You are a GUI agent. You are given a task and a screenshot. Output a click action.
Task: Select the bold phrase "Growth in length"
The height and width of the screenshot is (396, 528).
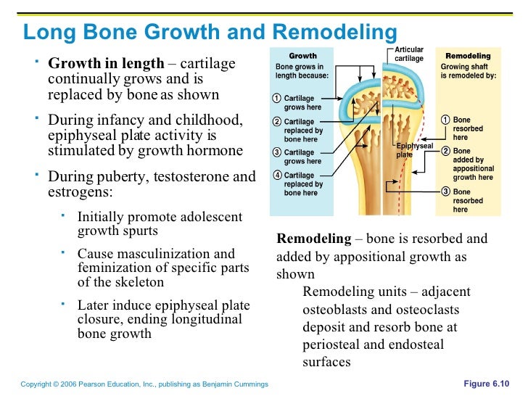point(106,64)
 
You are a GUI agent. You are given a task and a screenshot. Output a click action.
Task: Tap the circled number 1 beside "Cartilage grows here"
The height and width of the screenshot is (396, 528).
point(277,98)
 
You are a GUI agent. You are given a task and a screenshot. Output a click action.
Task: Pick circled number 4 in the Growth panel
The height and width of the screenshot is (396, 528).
point(277,176)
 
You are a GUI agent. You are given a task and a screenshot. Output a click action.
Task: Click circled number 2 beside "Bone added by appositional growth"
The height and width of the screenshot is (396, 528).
point(446,152)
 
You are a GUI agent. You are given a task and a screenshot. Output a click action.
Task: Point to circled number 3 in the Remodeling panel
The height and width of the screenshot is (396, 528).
point(446,191)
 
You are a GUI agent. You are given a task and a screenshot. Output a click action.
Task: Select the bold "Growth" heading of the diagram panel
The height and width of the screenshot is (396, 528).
point(302,56)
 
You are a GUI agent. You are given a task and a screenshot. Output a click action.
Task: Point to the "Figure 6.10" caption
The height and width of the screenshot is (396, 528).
point(486,383)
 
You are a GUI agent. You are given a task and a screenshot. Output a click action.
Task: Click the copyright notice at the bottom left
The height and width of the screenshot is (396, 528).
point(145,384)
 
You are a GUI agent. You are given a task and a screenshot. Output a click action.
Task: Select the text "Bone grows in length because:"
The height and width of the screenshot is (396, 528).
point(302,70)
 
